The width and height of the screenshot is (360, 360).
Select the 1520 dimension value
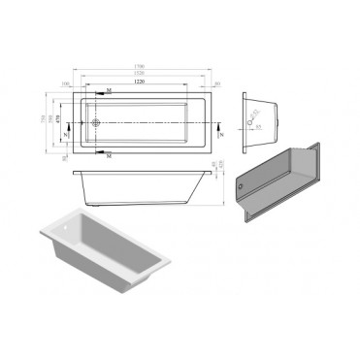click(x=144, y=75)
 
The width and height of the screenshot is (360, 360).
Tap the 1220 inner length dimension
click(x=142, y=83)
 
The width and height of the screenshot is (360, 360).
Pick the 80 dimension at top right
click(x=217, y=84)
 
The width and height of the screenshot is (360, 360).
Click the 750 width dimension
click(x=45, y=118)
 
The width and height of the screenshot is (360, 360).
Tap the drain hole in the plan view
click(x=96, y=123)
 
